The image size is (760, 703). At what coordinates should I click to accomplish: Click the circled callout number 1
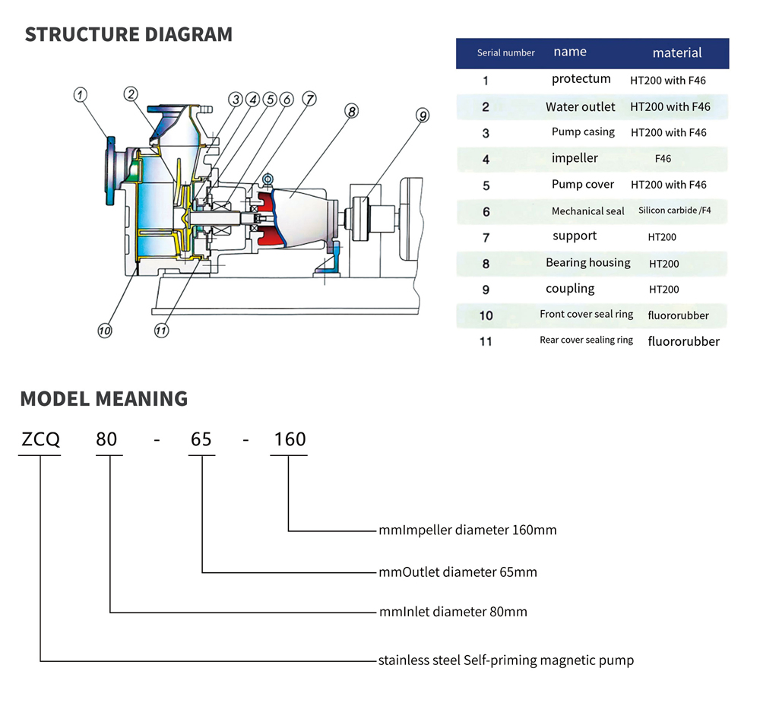coord(81,95)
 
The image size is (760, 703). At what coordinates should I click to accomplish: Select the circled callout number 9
coord(423,116)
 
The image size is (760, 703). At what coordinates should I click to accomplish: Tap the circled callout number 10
coord(105,331)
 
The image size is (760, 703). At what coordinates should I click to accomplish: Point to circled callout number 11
coord(161,331)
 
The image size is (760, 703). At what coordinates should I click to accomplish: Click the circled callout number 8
coord(350,111)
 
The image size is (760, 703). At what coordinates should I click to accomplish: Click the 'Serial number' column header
coord(505,53)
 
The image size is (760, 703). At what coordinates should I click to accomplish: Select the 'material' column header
coord(676,53)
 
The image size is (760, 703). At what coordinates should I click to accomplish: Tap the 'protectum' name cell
coord(581,79)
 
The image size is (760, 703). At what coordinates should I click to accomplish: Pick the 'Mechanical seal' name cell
coord(587,211)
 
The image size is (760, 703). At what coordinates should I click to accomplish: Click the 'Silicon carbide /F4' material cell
coord(674,211)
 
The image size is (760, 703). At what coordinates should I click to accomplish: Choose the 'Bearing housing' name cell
coord(587,263)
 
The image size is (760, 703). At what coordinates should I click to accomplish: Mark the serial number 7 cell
coord(486,238)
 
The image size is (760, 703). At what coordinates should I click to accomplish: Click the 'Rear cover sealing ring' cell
coord(586,340)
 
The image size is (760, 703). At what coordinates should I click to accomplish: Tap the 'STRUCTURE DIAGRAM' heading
coord(128,35)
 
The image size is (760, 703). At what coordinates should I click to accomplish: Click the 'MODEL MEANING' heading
coord(103,399)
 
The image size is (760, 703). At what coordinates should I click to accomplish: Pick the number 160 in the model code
coord(290,439)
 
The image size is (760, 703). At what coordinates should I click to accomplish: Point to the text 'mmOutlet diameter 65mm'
coord(458,572)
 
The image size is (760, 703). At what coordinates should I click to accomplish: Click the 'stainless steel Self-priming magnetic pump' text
coord(505,660)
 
